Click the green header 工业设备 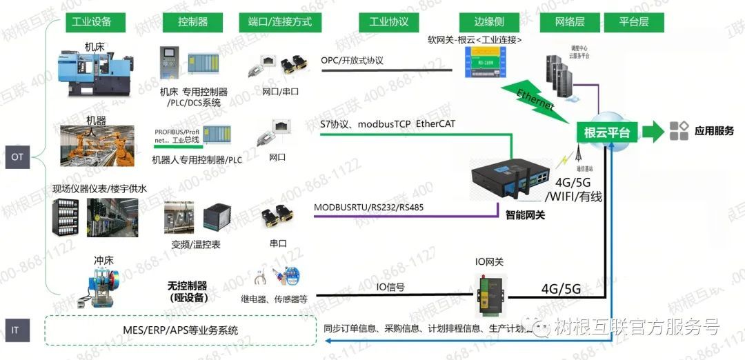(x=92, y=21)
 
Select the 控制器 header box (x=192, y=21)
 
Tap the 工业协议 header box (x=389, y=21)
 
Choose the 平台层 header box (x=635, y=21)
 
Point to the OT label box (x=17, y=157)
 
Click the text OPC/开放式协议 (x=352, y=60)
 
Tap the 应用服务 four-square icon (x=679, y=131)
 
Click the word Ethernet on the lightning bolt (x=535, y=100)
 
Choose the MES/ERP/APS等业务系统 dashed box (x=179, y=330)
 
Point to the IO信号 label (x=390, y=286)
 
